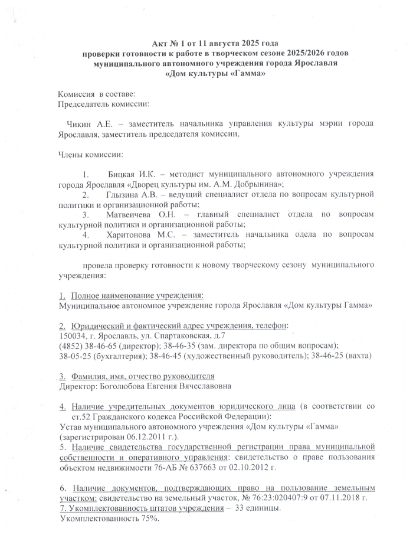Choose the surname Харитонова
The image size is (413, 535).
click(x=130, y=234)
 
